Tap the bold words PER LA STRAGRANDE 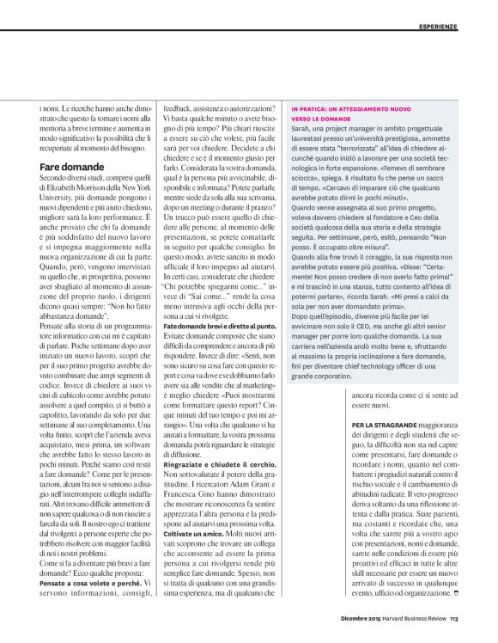click(386, 423)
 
